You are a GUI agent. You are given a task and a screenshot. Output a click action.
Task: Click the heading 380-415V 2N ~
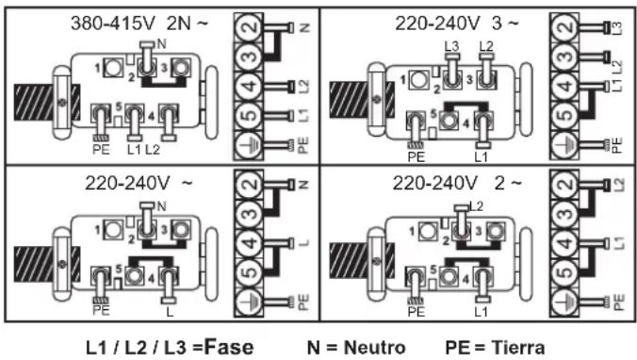pos(139,24)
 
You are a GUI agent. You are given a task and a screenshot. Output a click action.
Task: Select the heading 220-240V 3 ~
pos(457,24)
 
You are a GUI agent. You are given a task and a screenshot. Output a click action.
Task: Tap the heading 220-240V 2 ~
pos(457,184)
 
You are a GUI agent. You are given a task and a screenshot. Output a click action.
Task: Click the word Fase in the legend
pos(229,348)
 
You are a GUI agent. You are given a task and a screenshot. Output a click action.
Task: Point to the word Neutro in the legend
pos(374,348)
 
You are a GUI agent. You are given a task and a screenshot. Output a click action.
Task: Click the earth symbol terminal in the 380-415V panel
pos(249,145)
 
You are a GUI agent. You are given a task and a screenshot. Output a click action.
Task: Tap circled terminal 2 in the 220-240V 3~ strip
pos(564,27)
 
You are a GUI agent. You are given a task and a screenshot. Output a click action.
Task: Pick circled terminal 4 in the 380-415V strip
pos(249,86)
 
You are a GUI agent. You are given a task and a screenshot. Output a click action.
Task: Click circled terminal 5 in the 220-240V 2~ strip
pos(564,272)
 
